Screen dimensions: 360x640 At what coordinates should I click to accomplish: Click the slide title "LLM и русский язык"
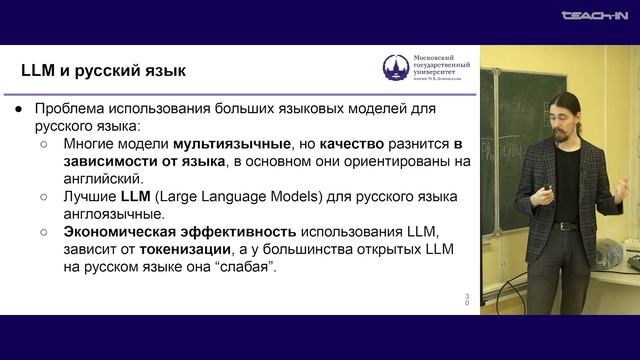coord(102,71)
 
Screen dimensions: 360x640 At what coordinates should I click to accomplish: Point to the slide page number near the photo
coord(467,299)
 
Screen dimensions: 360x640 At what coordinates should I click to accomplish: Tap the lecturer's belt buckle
coord(566,226)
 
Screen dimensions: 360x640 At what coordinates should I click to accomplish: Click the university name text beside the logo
coord(441,67)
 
